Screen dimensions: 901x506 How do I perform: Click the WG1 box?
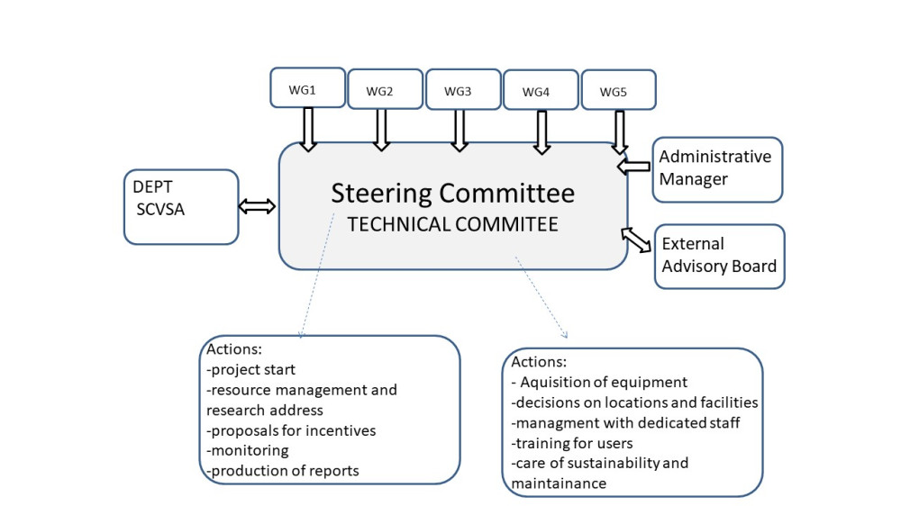(x=308, y=87)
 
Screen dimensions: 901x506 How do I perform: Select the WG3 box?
(x=463, y=89)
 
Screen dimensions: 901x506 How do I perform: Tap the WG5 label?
(x=613, y=92)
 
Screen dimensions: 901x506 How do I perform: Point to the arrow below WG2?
(x=381, y=130)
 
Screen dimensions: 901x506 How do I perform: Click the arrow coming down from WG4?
(x=542, y=132)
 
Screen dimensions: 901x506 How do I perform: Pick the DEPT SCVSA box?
(x=181, y=207)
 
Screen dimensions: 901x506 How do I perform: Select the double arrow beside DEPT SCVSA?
(x=257, y=206)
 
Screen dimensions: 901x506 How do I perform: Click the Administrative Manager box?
(x=717, y=169)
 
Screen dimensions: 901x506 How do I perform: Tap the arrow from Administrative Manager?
(x=633, y=167)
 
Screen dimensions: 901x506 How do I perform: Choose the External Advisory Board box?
(x=719, y=257)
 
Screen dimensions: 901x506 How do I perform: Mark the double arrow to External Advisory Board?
(x=636, y=240)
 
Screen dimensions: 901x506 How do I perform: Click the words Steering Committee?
(x=453, y=193)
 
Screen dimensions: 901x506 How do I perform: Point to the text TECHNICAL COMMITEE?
(x=453, y=224)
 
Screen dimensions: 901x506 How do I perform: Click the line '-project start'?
(x=250, y=369)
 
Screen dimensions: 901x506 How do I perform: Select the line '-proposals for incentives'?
(x=291, y=430)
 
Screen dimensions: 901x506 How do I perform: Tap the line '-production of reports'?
(x=283, y=470)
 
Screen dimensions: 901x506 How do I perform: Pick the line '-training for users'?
(x=572, y=443)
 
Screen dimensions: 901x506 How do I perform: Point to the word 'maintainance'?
(x=559, y=483)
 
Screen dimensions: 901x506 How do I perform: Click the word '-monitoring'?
(x=248, y=450)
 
